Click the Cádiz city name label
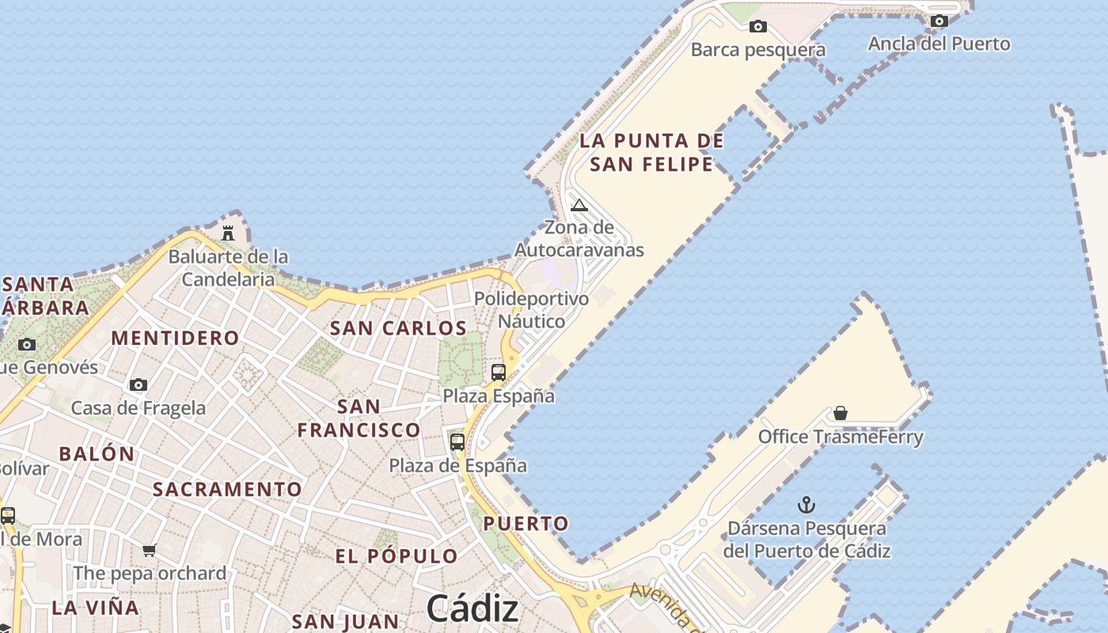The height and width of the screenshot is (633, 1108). pyautogui.click(x=472, y=608)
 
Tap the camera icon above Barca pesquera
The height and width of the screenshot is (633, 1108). pyautogui.click(x=758, y=27)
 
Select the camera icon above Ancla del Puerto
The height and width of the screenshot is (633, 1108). pyautogui.click(x=939, y=21)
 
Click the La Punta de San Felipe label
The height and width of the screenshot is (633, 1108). pyautogui.click(x=652, y=153)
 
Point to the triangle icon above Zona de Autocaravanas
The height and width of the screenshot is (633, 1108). pyautogui.click(x=579, y=206)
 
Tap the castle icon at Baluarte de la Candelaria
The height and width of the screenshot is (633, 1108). pyautogui.click(x=228, y=233)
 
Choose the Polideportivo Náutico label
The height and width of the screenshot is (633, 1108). pyautogui.click(x=531, y=310)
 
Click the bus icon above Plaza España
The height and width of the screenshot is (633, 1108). pyautogui.click(x=499, y=372)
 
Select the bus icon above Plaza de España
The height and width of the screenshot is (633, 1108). pyautogui.click(x=457, y=442)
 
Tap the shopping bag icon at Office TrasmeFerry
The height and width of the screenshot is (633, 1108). pyautogui.click(x=840, y=413)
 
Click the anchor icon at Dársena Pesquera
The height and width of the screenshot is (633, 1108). pyautogui.click(x=806, y=504)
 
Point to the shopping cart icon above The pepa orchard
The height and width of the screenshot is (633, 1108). pyautogui.click(x=150, y=550)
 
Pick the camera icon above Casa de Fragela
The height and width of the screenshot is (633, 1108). pyautogui.click(x=138, y=385)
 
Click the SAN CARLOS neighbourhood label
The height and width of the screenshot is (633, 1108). pyautogui.click(x=398, y=328)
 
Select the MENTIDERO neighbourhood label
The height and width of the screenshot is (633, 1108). pyautogui.click(x=175, y=338)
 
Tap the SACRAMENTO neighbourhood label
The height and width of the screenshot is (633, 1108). pyautogui.click(x=227, y=489)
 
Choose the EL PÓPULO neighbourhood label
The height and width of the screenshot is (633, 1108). pyautogui.click(x=397, y=556)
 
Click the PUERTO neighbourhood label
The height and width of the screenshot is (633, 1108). pyautogui.click(x=526, y=523)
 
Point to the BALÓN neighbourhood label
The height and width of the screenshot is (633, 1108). pyautogui.click(x=97, y=454)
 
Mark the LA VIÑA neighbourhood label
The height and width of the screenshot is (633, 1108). pyautogui.click(x=95, y=608)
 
